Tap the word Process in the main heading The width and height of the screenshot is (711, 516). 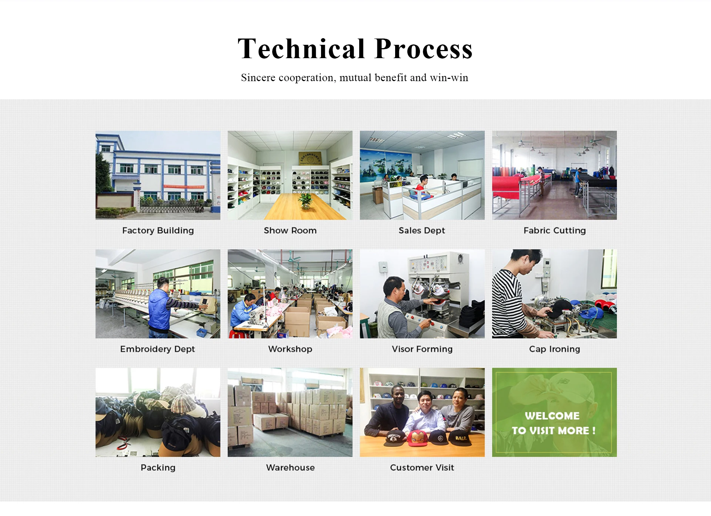coord(423,49)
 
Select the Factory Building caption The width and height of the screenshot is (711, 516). coord(158,230)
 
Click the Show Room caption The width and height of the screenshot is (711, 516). coord(290,230)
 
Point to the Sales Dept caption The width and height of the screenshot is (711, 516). coord(422,230)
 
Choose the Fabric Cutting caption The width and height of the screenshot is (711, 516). coord(554,230)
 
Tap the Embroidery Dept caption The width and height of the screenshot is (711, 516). coord(157,349)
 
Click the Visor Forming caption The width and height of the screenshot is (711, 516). coord(422,349)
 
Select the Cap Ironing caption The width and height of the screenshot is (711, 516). coord(554,349)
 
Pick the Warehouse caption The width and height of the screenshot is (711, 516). coord(290,467)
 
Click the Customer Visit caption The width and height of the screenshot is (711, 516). coord(422,467)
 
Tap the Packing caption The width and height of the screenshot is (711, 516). coord(158,467)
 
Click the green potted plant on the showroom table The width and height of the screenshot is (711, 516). coord(306,201)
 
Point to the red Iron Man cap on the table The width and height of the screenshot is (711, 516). coord(417,439)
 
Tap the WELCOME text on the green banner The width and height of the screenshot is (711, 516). coord(552,416)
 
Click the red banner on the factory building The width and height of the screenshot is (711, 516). coord(184,187)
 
